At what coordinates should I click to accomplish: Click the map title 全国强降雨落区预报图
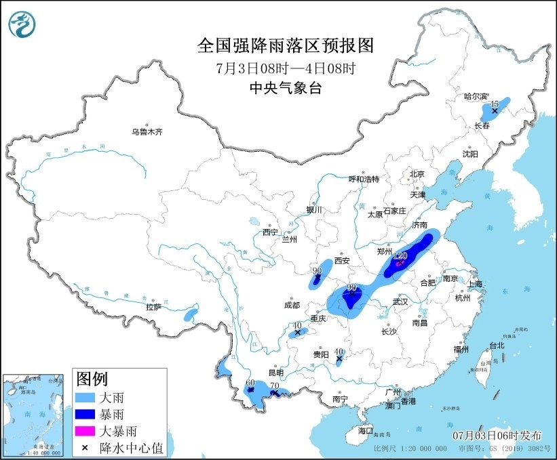point(286,45)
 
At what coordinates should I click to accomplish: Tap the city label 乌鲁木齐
point(147,131)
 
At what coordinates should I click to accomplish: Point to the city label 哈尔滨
point(476,97)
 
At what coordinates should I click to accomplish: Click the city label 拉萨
point(153,306)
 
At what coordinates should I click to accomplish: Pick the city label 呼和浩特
point(364,179)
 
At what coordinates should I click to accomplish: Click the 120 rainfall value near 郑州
point(400,256)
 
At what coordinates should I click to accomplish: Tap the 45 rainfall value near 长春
point(495,104)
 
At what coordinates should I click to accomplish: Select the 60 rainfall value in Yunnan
point(250,383)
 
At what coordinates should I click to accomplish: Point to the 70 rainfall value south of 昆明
point(274,386)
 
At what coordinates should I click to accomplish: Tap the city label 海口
point(366,431)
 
